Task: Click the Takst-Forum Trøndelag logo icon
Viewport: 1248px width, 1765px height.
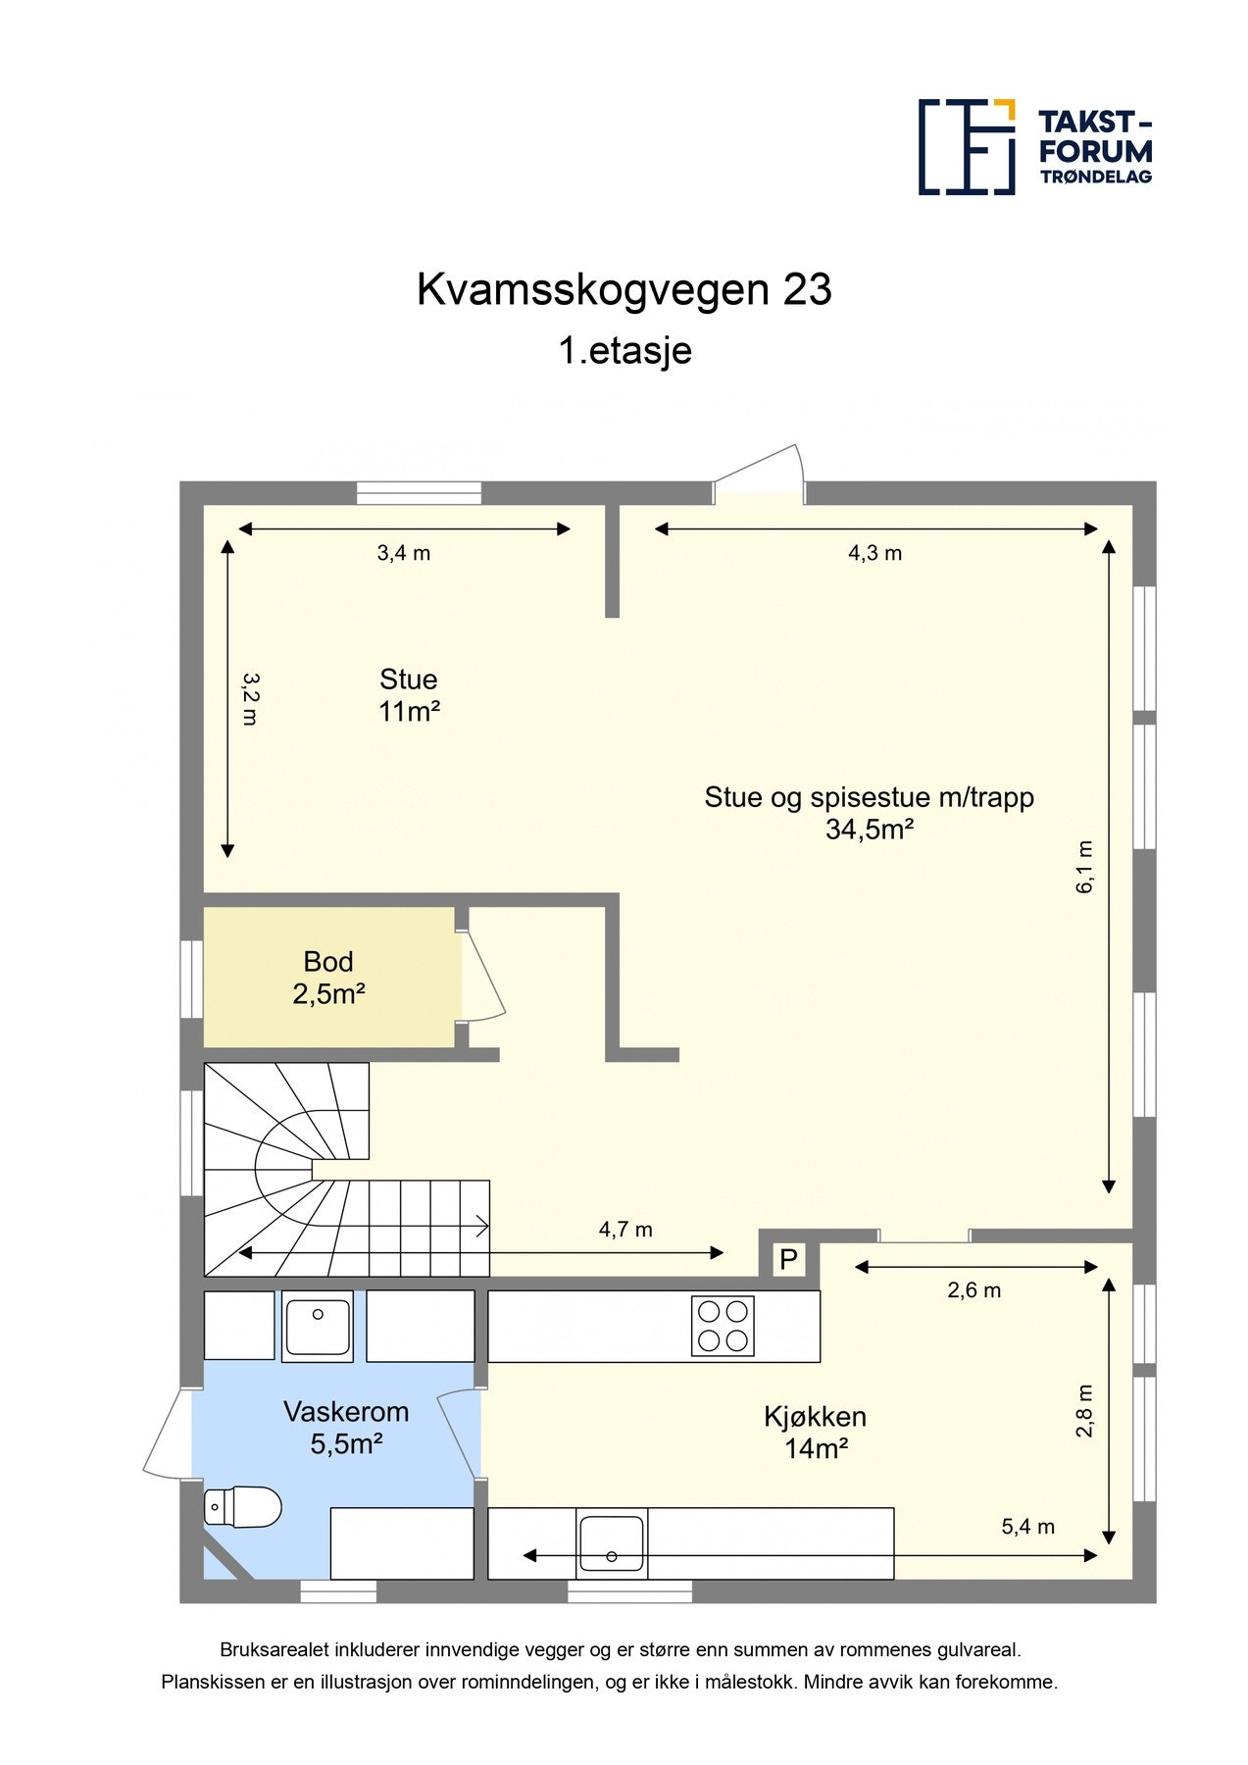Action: coord(966,146)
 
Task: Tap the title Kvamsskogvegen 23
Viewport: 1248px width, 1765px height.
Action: coord(624,289)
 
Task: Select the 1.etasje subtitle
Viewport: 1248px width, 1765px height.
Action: coord(624,350)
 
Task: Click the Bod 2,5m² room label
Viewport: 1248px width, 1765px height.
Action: coord(328,978)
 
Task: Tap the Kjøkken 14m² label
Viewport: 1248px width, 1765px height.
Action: coord(815,1432)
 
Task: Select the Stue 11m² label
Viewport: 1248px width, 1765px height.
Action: coord(408,694)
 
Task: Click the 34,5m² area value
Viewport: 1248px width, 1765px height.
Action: coord(870,830)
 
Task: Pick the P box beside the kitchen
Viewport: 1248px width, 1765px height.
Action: coord(788,1259)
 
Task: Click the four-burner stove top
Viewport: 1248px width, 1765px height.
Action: coord(723,1326)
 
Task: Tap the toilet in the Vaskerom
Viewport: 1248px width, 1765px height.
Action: coord(241,1506)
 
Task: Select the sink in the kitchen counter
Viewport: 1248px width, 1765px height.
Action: coord(612,1542)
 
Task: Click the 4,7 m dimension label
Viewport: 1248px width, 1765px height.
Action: coord(625,1230)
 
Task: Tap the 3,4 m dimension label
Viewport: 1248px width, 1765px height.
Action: coord(404,553)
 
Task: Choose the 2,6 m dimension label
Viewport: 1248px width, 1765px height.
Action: coord(973,1290)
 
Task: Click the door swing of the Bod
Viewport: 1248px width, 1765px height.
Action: coord(482,976)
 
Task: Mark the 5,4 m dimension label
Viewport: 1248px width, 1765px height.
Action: coord(1027,1527)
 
